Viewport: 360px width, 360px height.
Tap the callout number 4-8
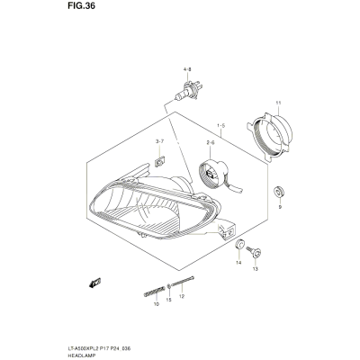coord(187,69)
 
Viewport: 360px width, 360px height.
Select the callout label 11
coord(278,103)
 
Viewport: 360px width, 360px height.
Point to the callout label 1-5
coord(220,126)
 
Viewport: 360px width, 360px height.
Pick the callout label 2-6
coord(210,143)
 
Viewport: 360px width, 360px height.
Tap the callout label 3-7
coord(159,141)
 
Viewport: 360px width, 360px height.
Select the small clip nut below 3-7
coord(159,162)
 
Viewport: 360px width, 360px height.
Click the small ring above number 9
coord(279,192)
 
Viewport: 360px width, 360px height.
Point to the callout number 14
coord(238,263)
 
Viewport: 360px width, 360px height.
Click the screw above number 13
coord(254,252)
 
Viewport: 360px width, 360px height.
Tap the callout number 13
coord(255,269)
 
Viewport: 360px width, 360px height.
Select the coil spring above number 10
coord(155,291)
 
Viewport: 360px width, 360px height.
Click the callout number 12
coord(181,296)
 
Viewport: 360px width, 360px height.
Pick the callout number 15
coord(168,300)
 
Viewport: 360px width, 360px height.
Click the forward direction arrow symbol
coord(94,283)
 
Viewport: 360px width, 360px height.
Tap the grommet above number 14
coord(239,245)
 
